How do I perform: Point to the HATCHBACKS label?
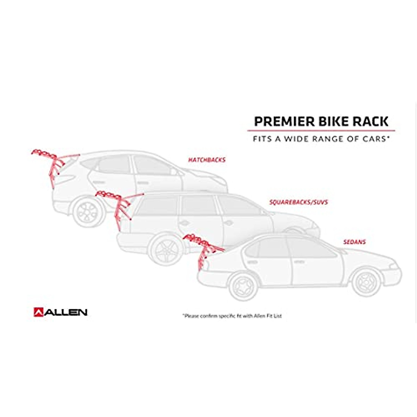tap(207, 160)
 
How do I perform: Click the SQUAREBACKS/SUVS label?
tap(299, 202)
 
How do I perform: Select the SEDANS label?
tap(354, 242)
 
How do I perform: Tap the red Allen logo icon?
tap(38, 312)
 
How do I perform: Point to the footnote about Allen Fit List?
tap(232, 316)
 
